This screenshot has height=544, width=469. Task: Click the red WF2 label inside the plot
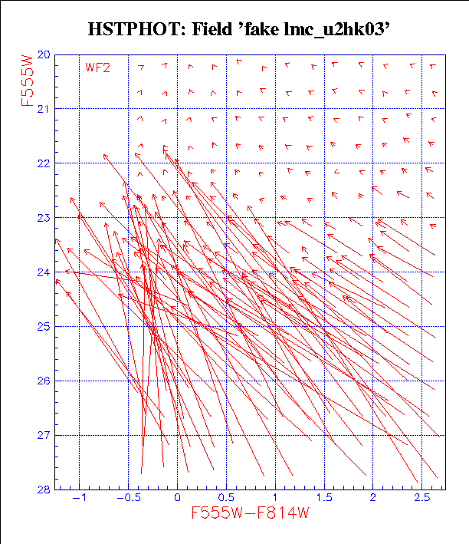[x=97, y=68]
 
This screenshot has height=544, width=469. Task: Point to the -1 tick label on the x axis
[x=78, y=497]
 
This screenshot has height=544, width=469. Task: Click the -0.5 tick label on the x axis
[x=126, y=497]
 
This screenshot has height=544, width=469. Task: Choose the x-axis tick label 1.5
[x=323, y=497]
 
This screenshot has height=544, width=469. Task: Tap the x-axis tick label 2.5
[x=421, y=497]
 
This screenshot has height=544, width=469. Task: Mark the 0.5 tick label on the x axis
[x=226, y=497]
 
